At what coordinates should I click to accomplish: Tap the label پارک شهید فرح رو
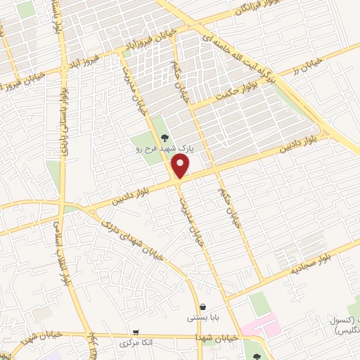[x=160, y=149]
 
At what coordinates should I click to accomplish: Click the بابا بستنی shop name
[x=202, y=318]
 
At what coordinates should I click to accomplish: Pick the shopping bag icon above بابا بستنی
[x=203, y=307]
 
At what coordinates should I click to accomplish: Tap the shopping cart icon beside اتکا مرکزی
[x=136, y=332]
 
